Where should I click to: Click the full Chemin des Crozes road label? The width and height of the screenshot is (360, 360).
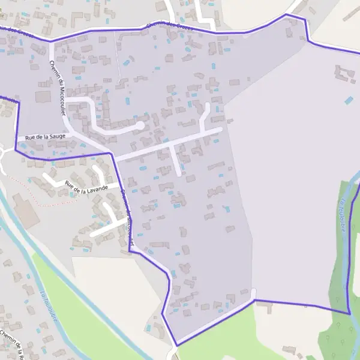pyautogui.click(x=170, y=26)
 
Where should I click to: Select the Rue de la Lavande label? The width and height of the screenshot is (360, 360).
pyautogui.click(x=86, y=188)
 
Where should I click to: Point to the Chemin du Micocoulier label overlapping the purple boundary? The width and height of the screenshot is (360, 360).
pyautogui.click(x=127, y=213)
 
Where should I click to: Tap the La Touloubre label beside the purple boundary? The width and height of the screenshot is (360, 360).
pyautogui.click(x=344, y=216)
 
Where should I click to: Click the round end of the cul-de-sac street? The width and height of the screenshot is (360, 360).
pyautogui.click(x=140, y=125)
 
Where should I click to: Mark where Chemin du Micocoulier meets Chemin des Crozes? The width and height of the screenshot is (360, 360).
pyautogui.click(x=50, y=41)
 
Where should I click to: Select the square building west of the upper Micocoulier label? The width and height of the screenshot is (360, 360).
pyautogui.click(x=43, y=97)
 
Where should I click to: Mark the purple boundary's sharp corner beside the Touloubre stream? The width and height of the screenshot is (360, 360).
pyautogui.click(x=349, y=313)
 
